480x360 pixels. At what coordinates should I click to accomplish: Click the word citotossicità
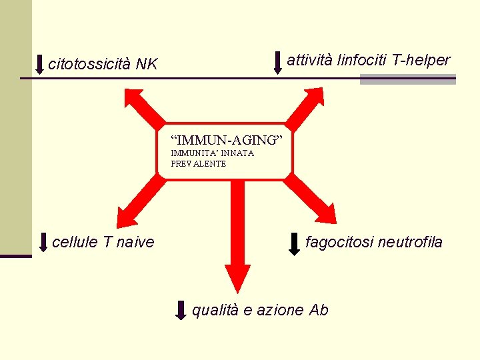click(x=89, y=64)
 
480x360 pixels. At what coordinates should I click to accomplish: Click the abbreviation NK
click(x=147, y=64)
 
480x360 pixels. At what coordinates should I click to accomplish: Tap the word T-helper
click(x=421, y=60)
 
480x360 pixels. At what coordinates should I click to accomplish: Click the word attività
click(x=310, y=60)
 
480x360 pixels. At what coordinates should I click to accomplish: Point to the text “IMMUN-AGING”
click(x=227, y=140)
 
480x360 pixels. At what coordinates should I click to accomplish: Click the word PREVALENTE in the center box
click(x=198, y=164)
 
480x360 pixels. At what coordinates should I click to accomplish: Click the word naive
click(x=135, y=241)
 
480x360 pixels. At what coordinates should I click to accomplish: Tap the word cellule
click(x=76, y=241)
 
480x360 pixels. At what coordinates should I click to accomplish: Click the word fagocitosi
click(x=339, y=241)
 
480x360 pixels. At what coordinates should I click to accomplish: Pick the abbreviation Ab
click(x=319, y=310)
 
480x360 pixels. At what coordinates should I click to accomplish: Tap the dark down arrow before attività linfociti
click(x=278, y=62)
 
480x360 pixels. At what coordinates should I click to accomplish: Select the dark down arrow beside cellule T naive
click(x=43, y=243)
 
